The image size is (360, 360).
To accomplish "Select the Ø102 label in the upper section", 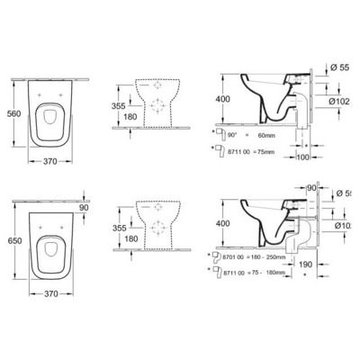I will [x=343, y=101].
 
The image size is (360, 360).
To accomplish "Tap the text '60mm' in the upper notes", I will [x=266, y=130].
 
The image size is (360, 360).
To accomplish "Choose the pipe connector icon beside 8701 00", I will [x=216, y=256].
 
